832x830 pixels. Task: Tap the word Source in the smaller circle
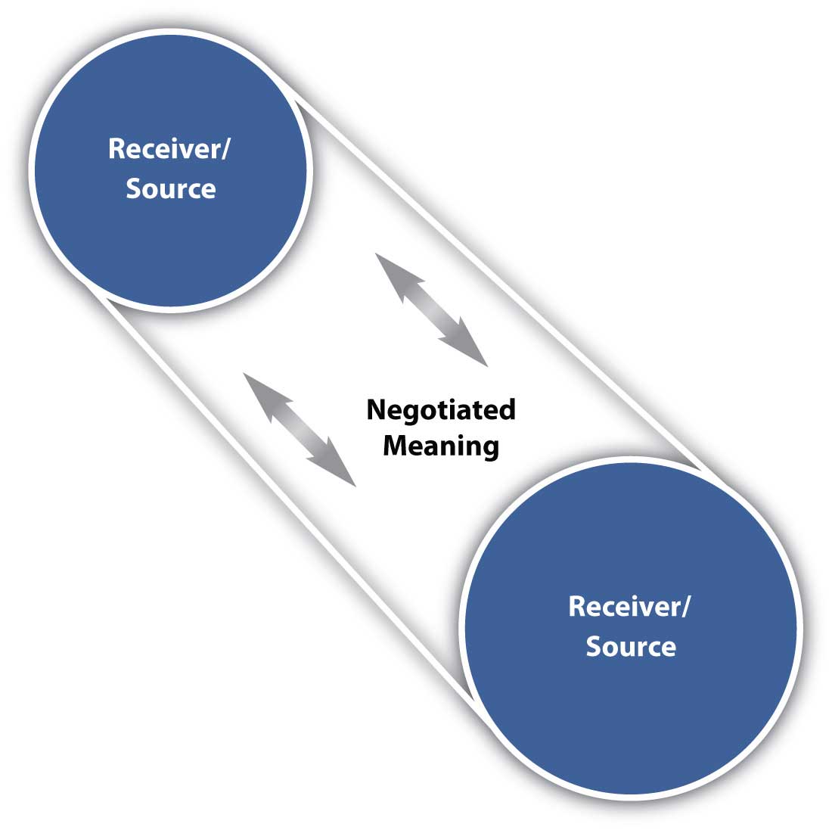click(x=170, y=188)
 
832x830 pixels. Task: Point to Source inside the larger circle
click(x=631, y=647)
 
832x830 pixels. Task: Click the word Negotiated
click(x=440, y=410)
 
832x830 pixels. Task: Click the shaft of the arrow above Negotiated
click(x=432, y=310)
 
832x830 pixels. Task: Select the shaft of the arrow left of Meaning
click(x=300, y=429)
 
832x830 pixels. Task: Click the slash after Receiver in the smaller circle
click(x=228, y=149)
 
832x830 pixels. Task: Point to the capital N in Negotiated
click(x=375, y=410)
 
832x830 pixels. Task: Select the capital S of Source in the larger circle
click(x=594, y=647)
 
